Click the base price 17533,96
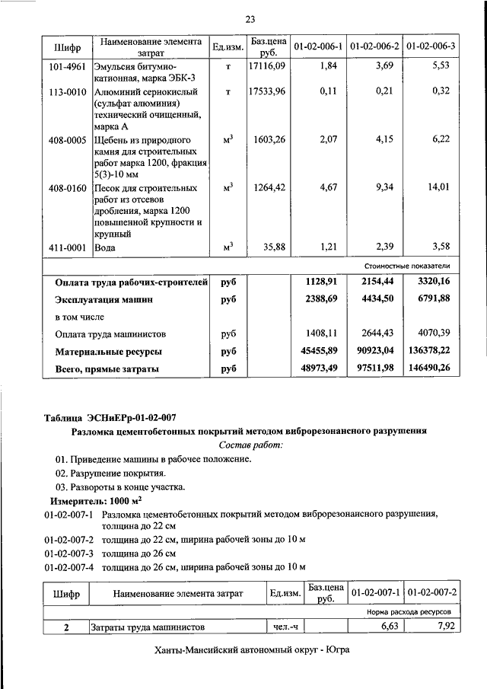pos(266,91)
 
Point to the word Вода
pos(104,247)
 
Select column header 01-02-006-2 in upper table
pos(374,47)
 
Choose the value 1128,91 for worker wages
pos(320,282)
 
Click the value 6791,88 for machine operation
pos(429,299)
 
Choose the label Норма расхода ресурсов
pos(409,611)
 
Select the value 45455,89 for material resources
pos(320,351)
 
